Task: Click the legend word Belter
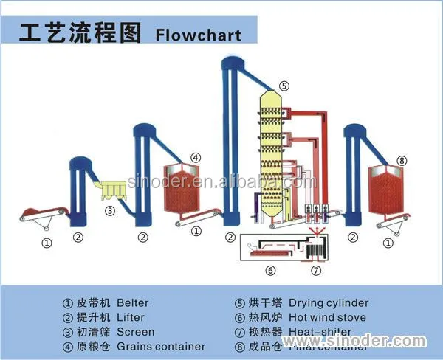(133, 302)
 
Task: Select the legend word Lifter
(131, 317)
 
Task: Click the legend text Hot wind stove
(329, 317)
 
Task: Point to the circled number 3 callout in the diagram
(110, 210)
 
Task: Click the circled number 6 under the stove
(270, 271)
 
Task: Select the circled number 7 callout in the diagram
(316, 271)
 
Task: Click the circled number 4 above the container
(195, 157)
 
